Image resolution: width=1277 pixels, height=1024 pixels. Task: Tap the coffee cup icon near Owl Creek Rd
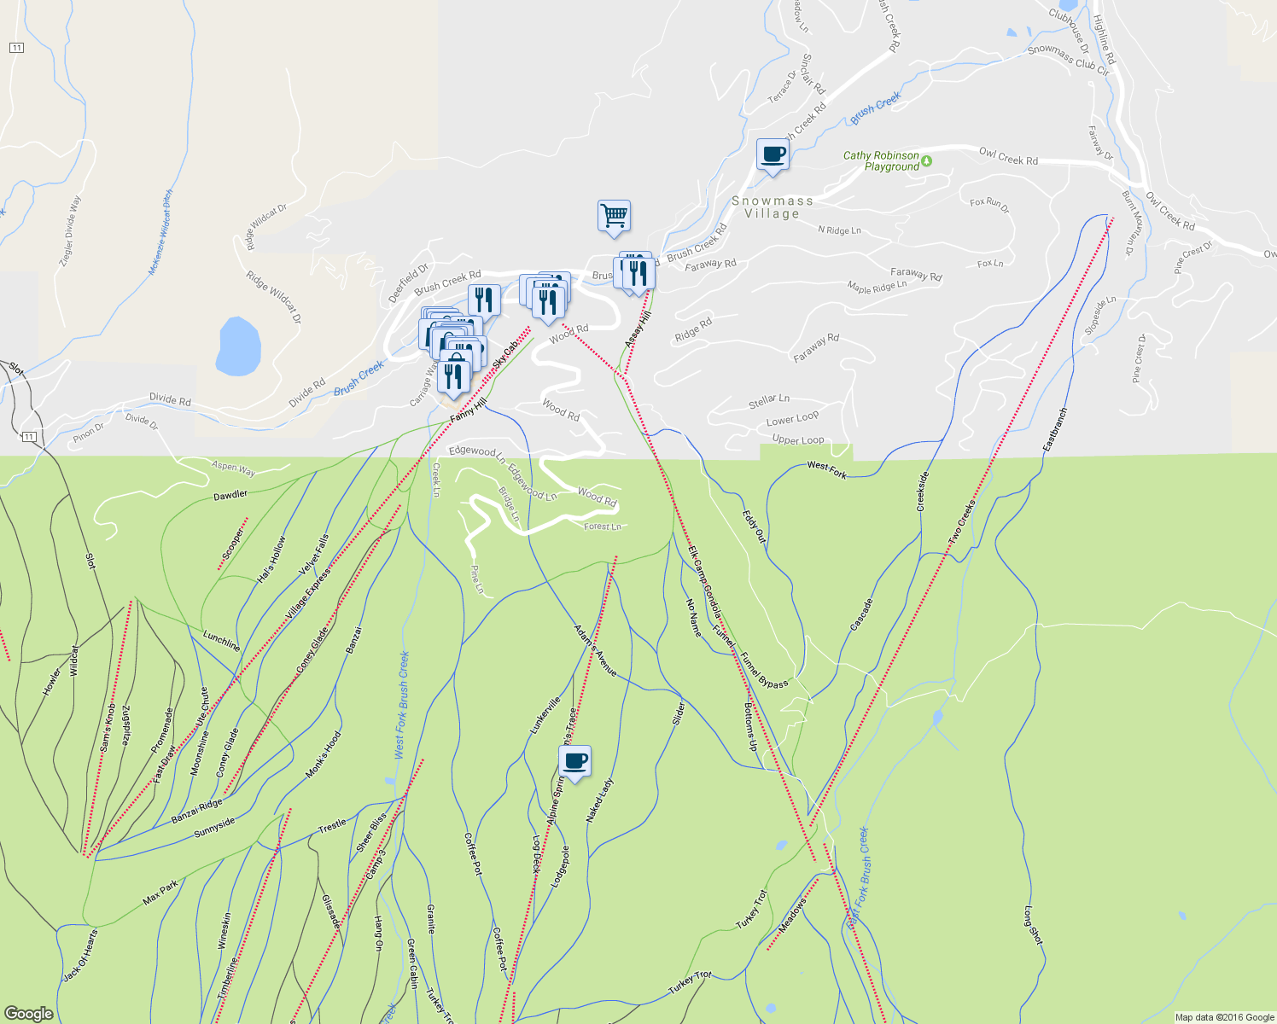point(772,154)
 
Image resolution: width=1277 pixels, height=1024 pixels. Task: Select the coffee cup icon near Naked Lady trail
point(574,760)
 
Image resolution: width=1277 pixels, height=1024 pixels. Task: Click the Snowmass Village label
point(772,207)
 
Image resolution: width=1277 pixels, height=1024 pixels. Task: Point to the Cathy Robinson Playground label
point(882,161)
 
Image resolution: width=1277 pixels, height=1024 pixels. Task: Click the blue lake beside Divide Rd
point(238,346)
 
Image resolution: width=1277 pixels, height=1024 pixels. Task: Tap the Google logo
point(28,1013)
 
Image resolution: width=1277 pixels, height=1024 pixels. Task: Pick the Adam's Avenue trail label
point(595,651)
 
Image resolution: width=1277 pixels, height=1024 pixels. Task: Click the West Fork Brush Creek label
point(402,705)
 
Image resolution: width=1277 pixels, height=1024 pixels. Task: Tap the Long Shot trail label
point(1033,925)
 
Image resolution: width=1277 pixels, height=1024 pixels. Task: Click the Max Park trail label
point(160,893)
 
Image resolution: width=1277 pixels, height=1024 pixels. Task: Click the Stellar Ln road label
point(769,399)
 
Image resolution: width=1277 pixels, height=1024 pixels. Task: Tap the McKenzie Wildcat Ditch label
point(160,232)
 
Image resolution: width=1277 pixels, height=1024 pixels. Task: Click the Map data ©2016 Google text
point(1224,1017)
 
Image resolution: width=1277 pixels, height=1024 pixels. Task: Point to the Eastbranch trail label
point(1055,429)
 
